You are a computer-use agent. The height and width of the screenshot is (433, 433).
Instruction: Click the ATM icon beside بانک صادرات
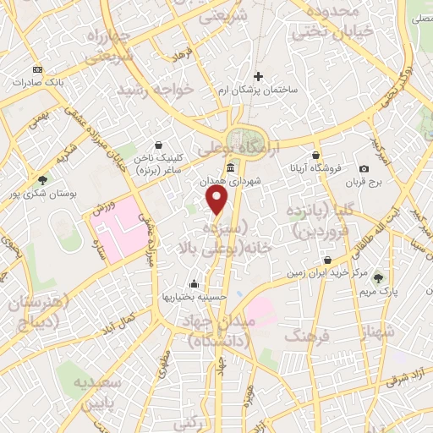tap(37, 69)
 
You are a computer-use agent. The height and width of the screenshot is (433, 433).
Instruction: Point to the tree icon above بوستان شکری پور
tap(42, 179)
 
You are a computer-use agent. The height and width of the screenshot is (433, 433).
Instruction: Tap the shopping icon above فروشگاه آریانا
tap(315, 155)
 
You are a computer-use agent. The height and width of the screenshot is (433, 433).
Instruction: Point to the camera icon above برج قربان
tap(364, 169)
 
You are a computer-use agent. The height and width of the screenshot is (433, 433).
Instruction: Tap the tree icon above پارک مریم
tap(378, 277)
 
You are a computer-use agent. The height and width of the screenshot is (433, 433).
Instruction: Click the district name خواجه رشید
tap(156, 89)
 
